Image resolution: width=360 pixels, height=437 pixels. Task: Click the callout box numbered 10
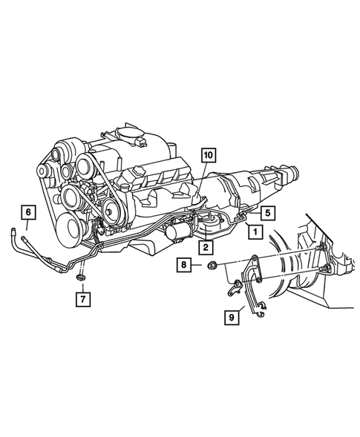click(x=207, y=155)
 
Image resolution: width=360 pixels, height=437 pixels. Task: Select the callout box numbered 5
click(x=266, y=211)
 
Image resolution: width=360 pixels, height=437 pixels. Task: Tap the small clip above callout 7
click(x=82, y=277)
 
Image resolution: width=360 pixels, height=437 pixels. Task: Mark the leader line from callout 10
click(x=200, y=185)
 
